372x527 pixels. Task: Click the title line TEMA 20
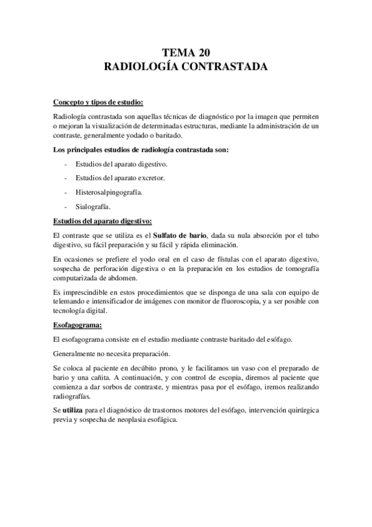tap(185, 53)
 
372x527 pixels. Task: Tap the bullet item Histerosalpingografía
tap(109, 192)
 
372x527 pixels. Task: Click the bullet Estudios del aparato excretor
tap(120, 178)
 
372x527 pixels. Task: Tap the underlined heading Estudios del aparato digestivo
tap(102, 221)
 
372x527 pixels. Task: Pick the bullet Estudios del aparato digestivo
tap(121, 163)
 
